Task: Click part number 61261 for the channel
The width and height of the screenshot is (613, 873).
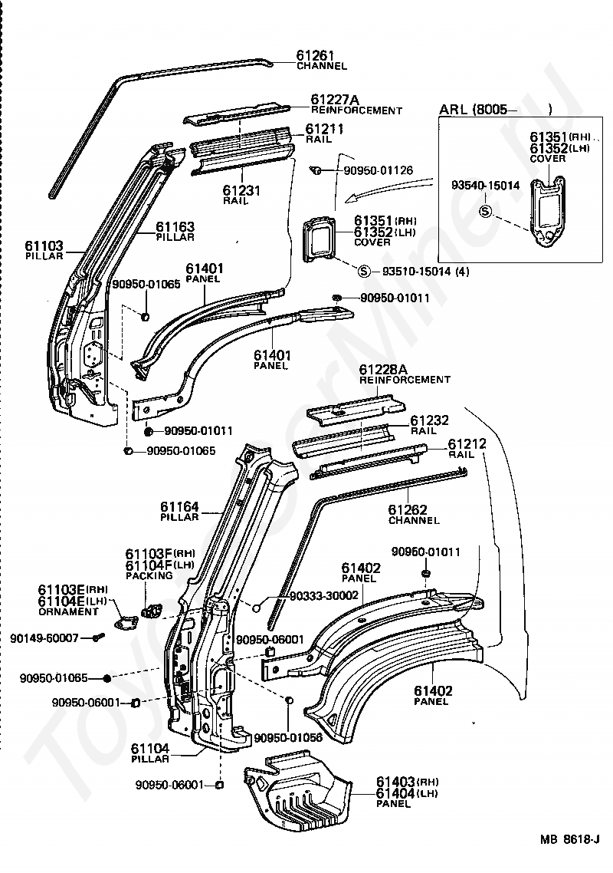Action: [315, 55]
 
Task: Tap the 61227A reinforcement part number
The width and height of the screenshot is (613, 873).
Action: [335, 99]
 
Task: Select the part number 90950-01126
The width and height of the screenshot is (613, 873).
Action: [379, 170]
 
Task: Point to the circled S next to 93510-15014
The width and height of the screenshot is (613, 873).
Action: [363, 272]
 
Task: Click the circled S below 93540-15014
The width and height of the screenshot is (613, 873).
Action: [486, 211]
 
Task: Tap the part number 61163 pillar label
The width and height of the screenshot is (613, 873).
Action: [175, 226]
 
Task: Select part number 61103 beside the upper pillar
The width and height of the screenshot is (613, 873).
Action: [44, 245]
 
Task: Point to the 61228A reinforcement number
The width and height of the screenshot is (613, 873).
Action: [383, 369]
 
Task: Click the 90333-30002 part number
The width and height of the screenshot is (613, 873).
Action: [324, 596]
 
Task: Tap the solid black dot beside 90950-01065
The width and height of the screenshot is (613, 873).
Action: [107, 678]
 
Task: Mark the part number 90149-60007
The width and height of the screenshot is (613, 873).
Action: [44, 638]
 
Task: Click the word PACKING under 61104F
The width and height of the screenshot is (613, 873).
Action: [149, 575]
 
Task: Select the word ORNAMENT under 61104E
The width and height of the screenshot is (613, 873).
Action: [68, 611]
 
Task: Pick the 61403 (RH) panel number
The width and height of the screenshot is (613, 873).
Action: [407, 782]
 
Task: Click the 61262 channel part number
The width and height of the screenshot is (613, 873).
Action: [408, 509]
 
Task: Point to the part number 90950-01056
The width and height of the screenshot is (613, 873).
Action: [288, 738]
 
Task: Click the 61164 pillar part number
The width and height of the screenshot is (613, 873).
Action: [179, 506]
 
